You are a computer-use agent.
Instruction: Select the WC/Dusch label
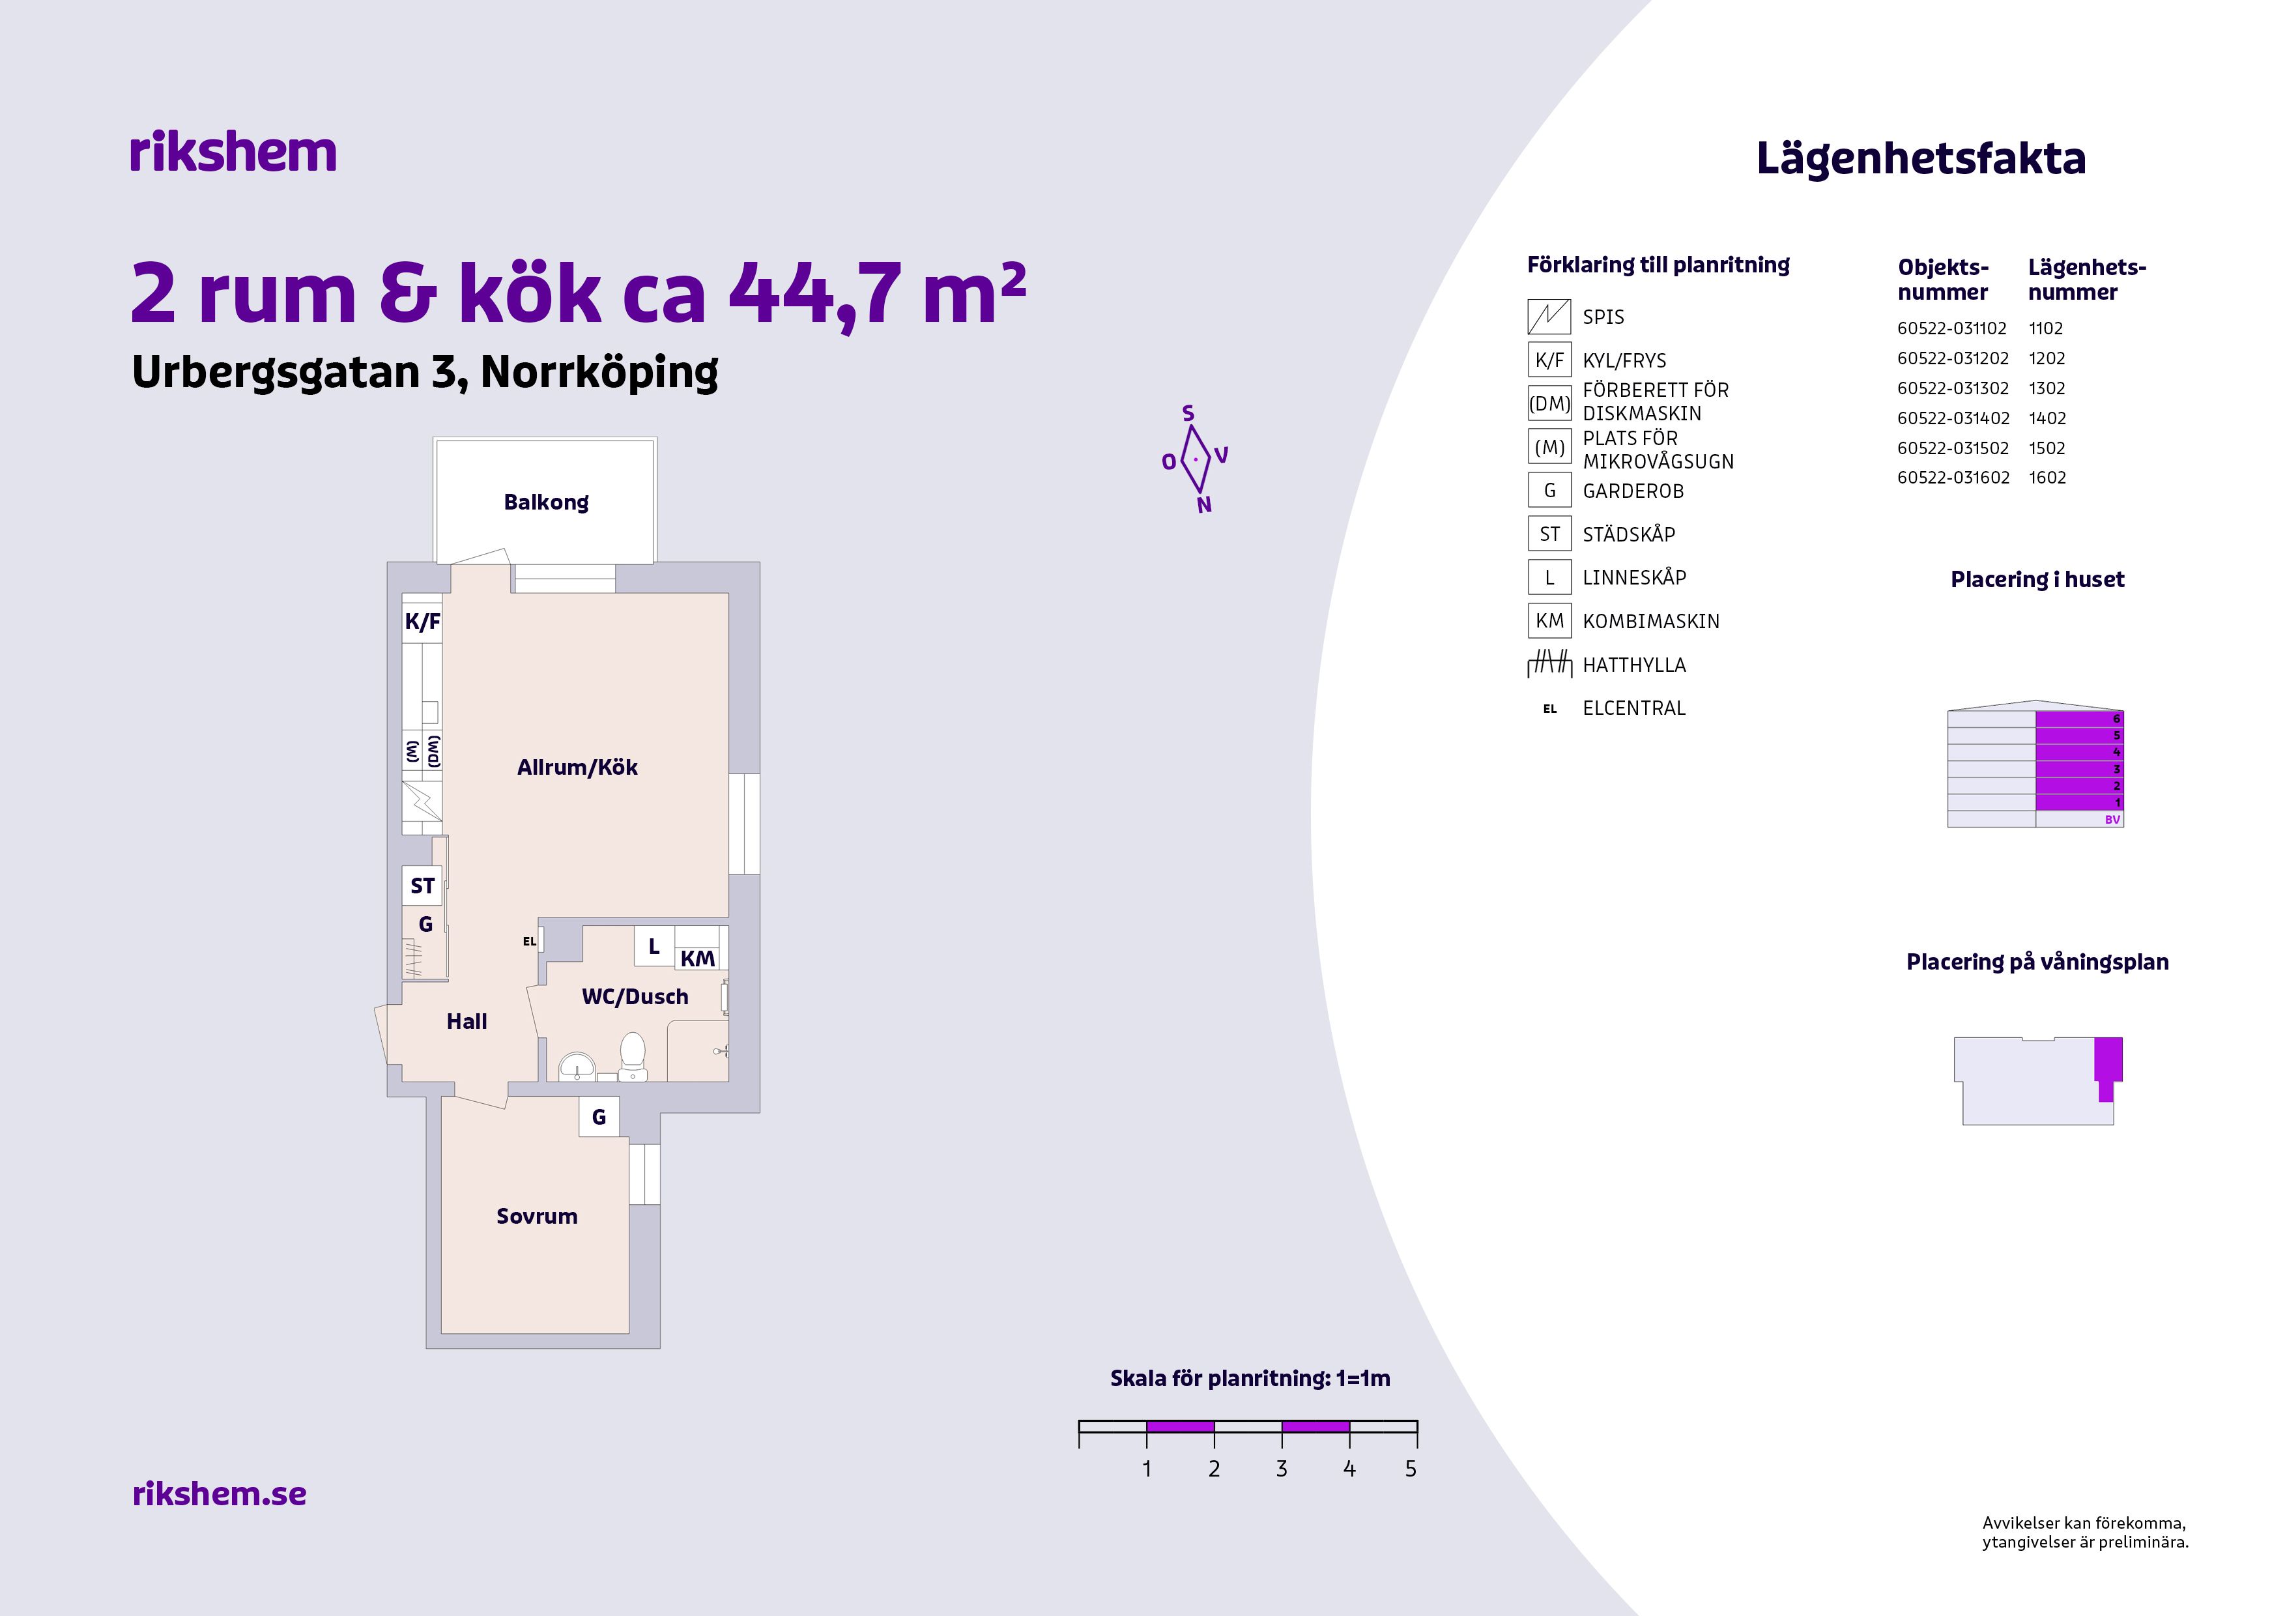point(635,997)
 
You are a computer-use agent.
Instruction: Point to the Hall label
point(467,1021)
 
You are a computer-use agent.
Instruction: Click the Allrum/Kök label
point(577,767)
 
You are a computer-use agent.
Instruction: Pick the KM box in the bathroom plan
point(698,959)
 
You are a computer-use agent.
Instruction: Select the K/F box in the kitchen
point(422,622)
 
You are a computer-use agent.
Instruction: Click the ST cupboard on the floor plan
point(422,886)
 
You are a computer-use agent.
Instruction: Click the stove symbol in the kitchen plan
point(422,801)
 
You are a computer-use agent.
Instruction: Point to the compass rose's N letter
point(1204,506)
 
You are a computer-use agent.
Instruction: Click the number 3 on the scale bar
point(1282,1469)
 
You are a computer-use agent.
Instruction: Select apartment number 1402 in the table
point(2047,418)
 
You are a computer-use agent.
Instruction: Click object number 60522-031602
point(1953,478)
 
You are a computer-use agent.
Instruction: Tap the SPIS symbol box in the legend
point(1549,317)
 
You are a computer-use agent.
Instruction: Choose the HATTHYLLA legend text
point(1634,665)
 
